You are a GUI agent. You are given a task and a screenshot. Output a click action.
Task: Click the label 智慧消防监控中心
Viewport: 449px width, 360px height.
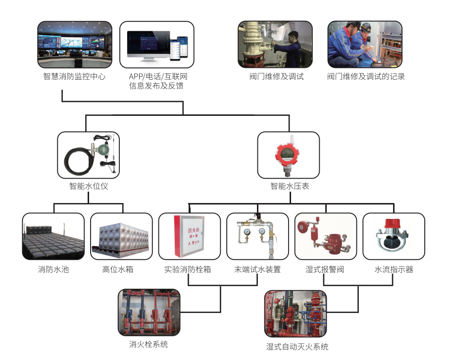pos(74,77)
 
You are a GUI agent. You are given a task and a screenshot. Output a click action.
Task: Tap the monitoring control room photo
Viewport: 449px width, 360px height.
pos(74,45)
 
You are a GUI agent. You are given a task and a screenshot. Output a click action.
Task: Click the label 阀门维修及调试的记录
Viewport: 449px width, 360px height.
pos(366,77)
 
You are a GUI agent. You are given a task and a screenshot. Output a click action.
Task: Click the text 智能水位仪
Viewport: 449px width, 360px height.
pos(89,187)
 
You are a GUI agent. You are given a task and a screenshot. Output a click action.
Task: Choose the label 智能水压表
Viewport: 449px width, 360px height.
pos(290,187)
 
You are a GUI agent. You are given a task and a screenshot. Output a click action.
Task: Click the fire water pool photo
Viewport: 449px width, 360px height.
pos(53,236)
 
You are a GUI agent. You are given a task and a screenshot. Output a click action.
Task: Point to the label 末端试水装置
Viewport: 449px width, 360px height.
pos(257,270)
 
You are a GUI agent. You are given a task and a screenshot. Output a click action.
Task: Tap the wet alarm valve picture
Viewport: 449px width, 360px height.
pos(325,236)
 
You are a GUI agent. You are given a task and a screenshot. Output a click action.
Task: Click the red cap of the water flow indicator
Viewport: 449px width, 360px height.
pos(394,223)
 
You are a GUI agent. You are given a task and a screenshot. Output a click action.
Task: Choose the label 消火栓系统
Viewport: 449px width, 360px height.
pos(149,344)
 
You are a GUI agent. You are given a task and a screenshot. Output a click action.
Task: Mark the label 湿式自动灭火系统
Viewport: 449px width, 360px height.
pos(297,347)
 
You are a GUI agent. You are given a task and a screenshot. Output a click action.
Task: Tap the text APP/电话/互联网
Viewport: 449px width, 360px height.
pos(158,77)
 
